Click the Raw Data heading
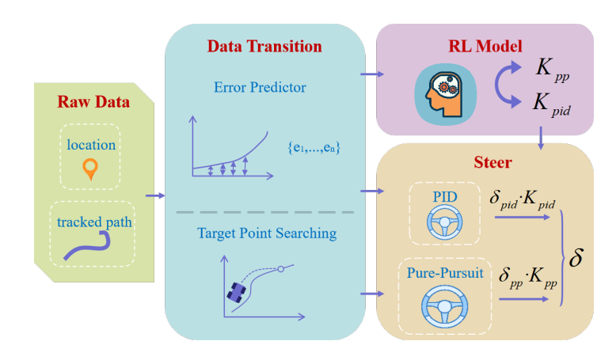point(93,103)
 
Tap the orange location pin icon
point(91,169)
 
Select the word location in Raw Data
point(91,145)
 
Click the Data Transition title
point(264,46)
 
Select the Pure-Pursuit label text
point(438,273)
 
